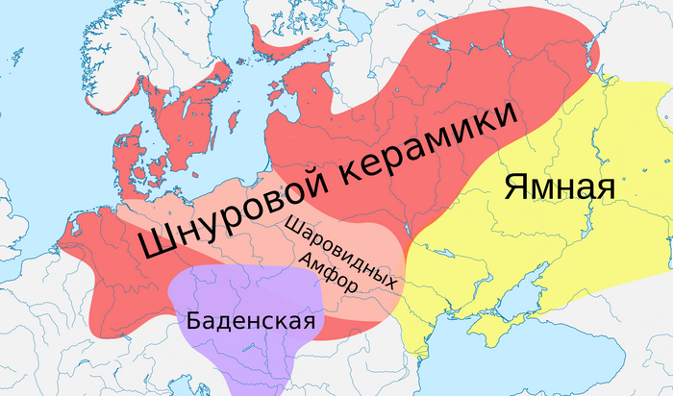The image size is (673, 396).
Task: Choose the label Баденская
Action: click(252, 320)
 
